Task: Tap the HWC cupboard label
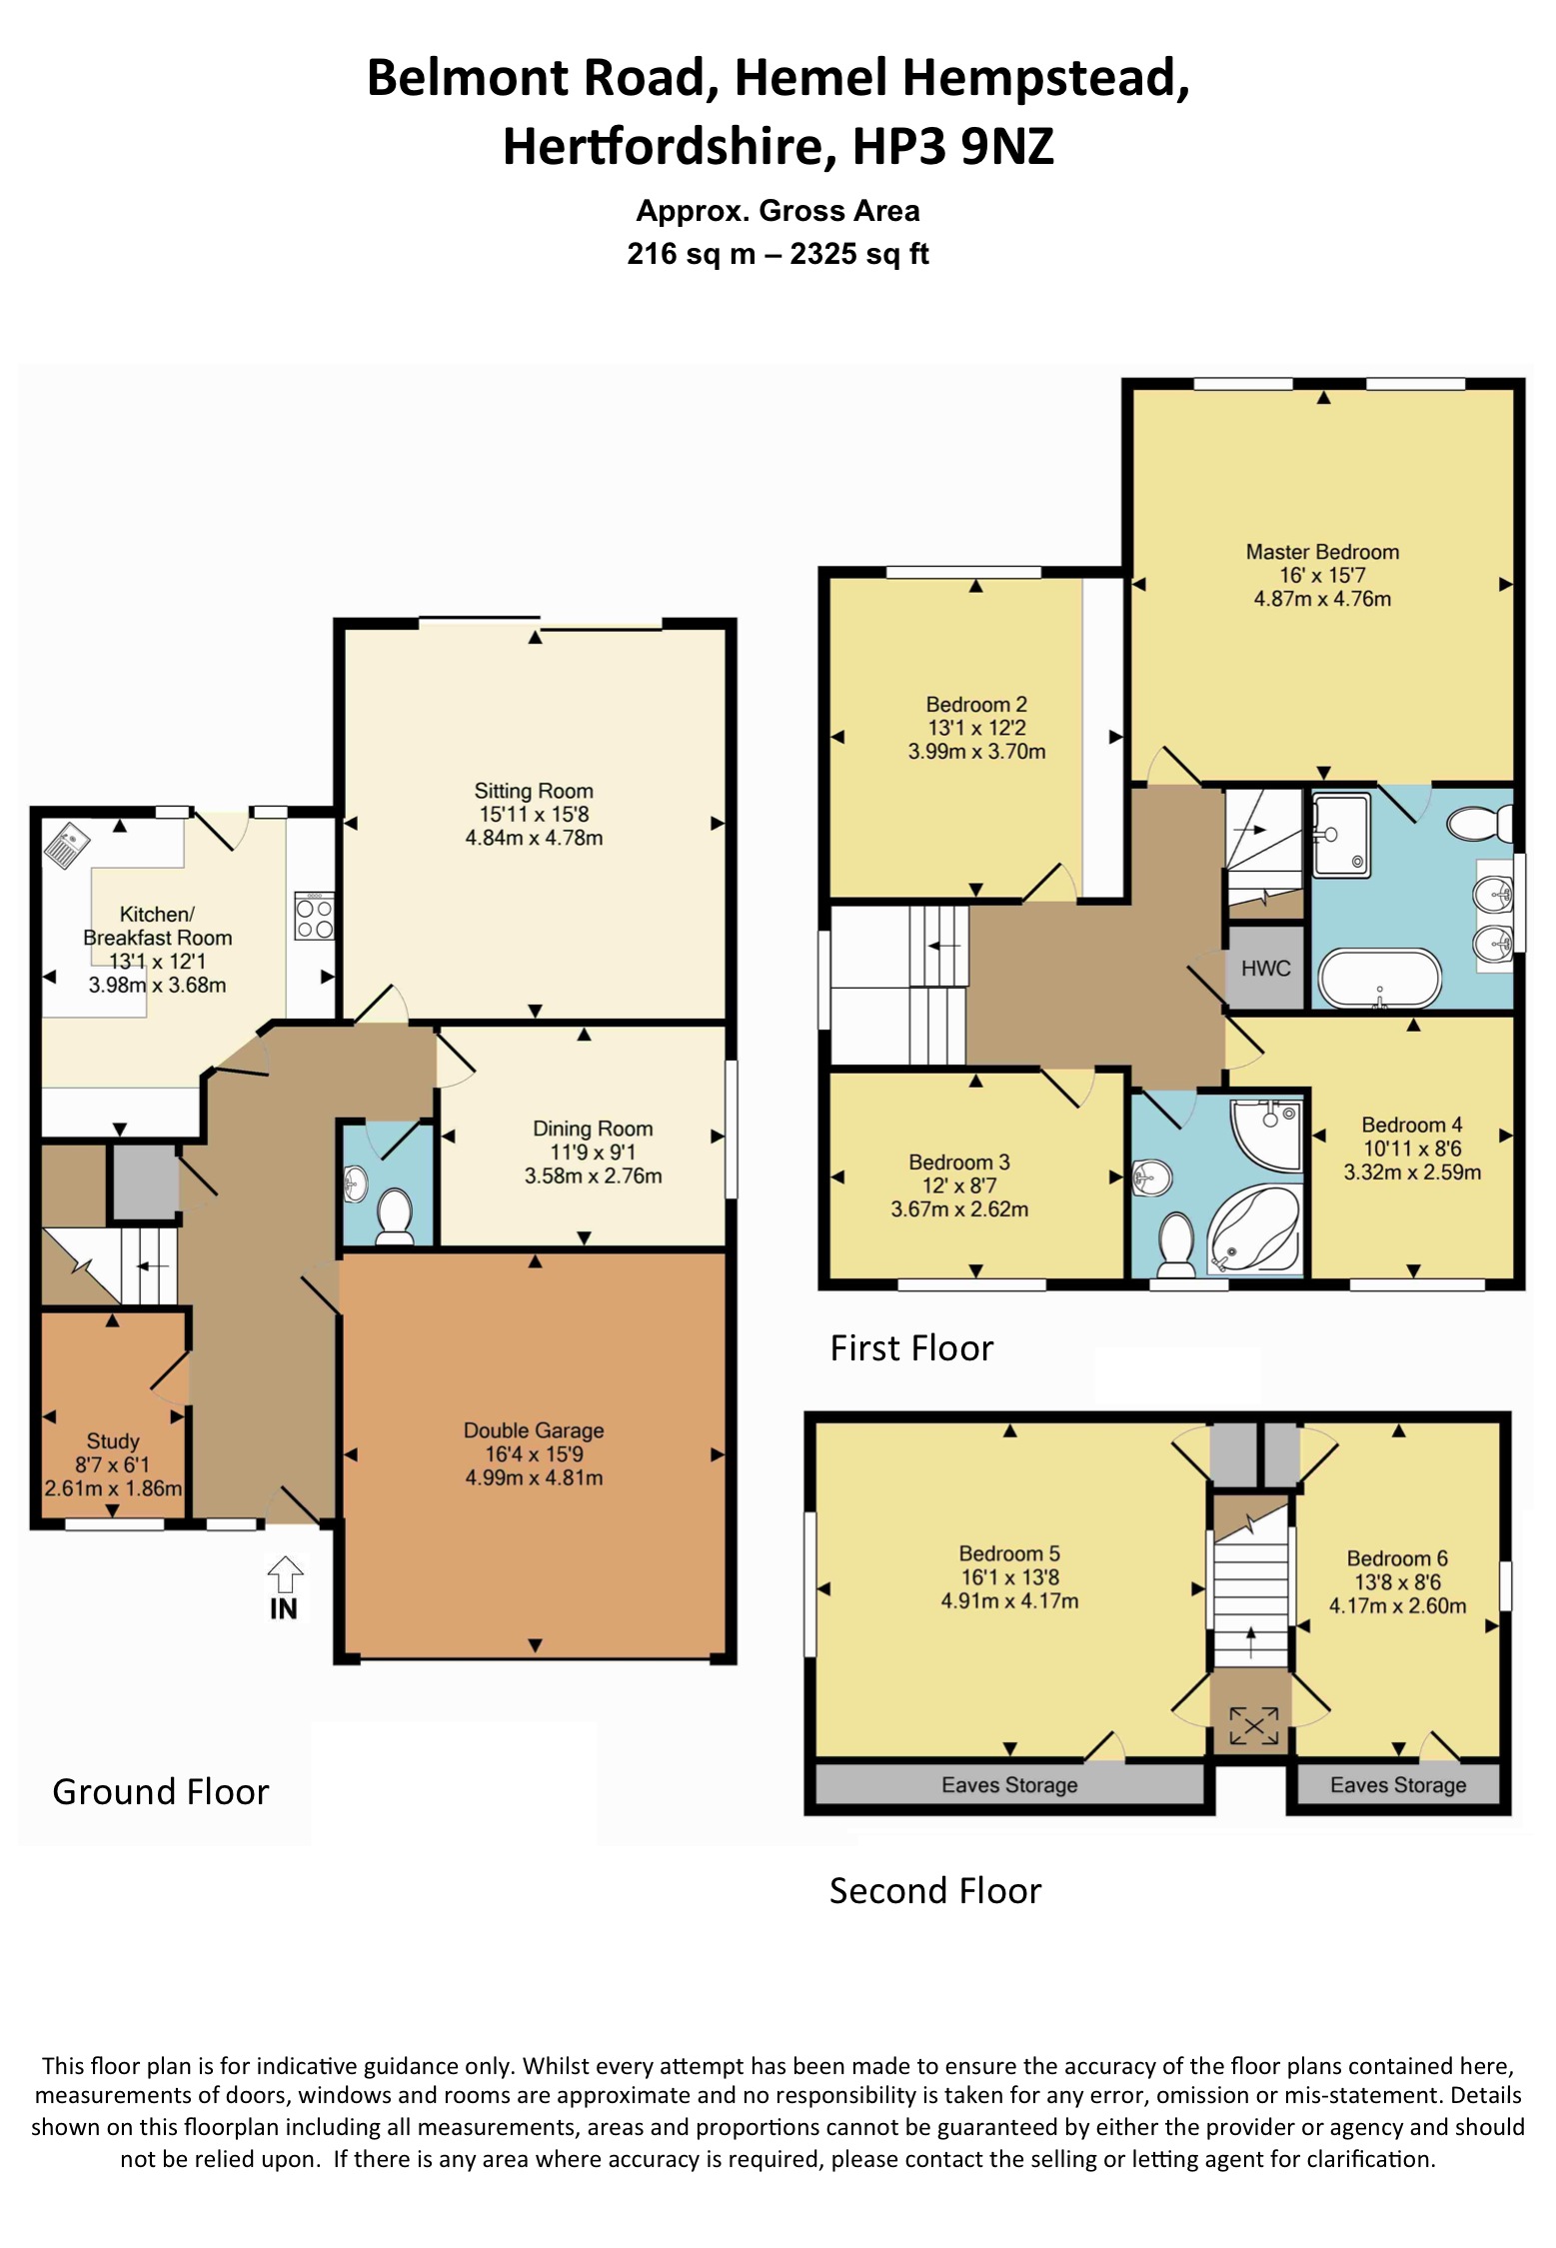tap(1265, 968)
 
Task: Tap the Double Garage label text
tap(534, 1430)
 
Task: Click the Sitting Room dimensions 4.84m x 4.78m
tap(534, 838)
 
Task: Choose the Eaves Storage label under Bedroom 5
tap(1009, 1784)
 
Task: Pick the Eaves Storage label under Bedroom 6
tap(1397, 1784)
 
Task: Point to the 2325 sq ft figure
tap(858, 254)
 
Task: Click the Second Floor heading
tap(934, 1890)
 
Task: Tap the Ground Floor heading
tap(161, 1791)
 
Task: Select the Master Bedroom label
tap(1321, 552)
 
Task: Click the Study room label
tap(113, 1440)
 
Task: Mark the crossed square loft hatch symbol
tap(1252, 1725)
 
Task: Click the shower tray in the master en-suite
tap(1340, 836)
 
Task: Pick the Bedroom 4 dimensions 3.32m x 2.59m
tap(1411, 1171)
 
